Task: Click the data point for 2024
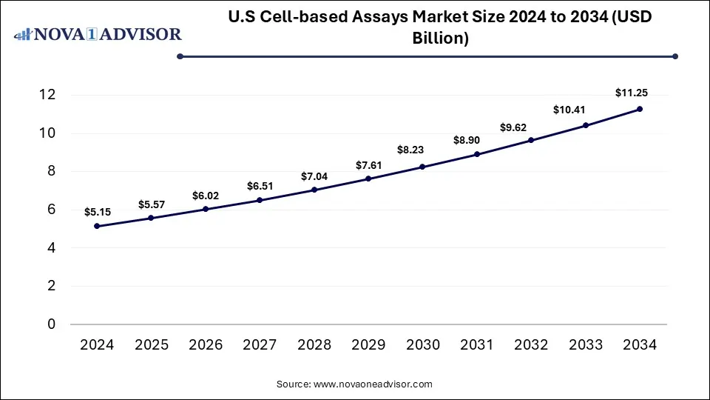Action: click(98, 226)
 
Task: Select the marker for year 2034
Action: click(639, 109)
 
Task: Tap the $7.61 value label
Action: click(368, 164)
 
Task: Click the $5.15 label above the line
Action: click(98, 212)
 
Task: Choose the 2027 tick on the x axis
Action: click(260, 344)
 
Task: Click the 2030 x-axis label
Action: click(422, 344)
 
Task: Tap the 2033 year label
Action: click(585, 344)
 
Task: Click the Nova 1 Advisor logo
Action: click(98, 34)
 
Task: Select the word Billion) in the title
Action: click(440, 39)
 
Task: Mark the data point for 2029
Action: click(368, 179)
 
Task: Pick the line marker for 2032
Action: click(531, 140)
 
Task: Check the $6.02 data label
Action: click(206, 196)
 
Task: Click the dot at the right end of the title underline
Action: click(675, 56)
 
